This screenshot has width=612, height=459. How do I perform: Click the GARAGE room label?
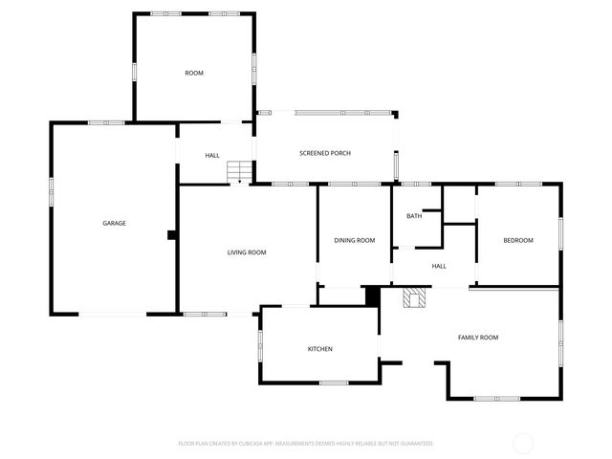click(115, 224)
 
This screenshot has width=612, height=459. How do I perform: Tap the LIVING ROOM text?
click(247, 252)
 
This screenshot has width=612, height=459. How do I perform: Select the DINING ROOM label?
click(354, 240)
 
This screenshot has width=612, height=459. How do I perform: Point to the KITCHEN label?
click(319, 349)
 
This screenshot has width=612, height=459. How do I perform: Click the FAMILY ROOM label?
click(477, 338)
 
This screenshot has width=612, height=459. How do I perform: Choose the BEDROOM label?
click(518, 240)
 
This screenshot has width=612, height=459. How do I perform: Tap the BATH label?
click(414, 216)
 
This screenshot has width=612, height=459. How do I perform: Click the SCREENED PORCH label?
click(325, 153)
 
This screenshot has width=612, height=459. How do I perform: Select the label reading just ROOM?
click(194, 73)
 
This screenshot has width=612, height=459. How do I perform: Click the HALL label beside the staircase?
click(212, 155)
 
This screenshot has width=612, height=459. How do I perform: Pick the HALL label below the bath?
click(439, 266)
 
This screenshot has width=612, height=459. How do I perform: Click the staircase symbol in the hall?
click(238, 172)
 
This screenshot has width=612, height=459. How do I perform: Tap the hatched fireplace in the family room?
click(413, 298)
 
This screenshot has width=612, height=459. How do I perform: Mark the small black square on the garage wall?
click(171, 234)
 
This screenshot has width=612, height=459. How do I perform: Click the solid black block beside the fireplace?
click(373, 296)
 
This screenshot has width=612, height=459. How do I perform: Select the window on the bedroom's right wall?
click(560, 233)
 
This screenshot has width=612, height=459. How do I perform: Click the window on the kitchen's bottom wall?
click(334, 382)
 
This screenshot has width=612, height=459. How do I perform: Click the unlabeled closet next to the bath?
click(459, 204)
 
